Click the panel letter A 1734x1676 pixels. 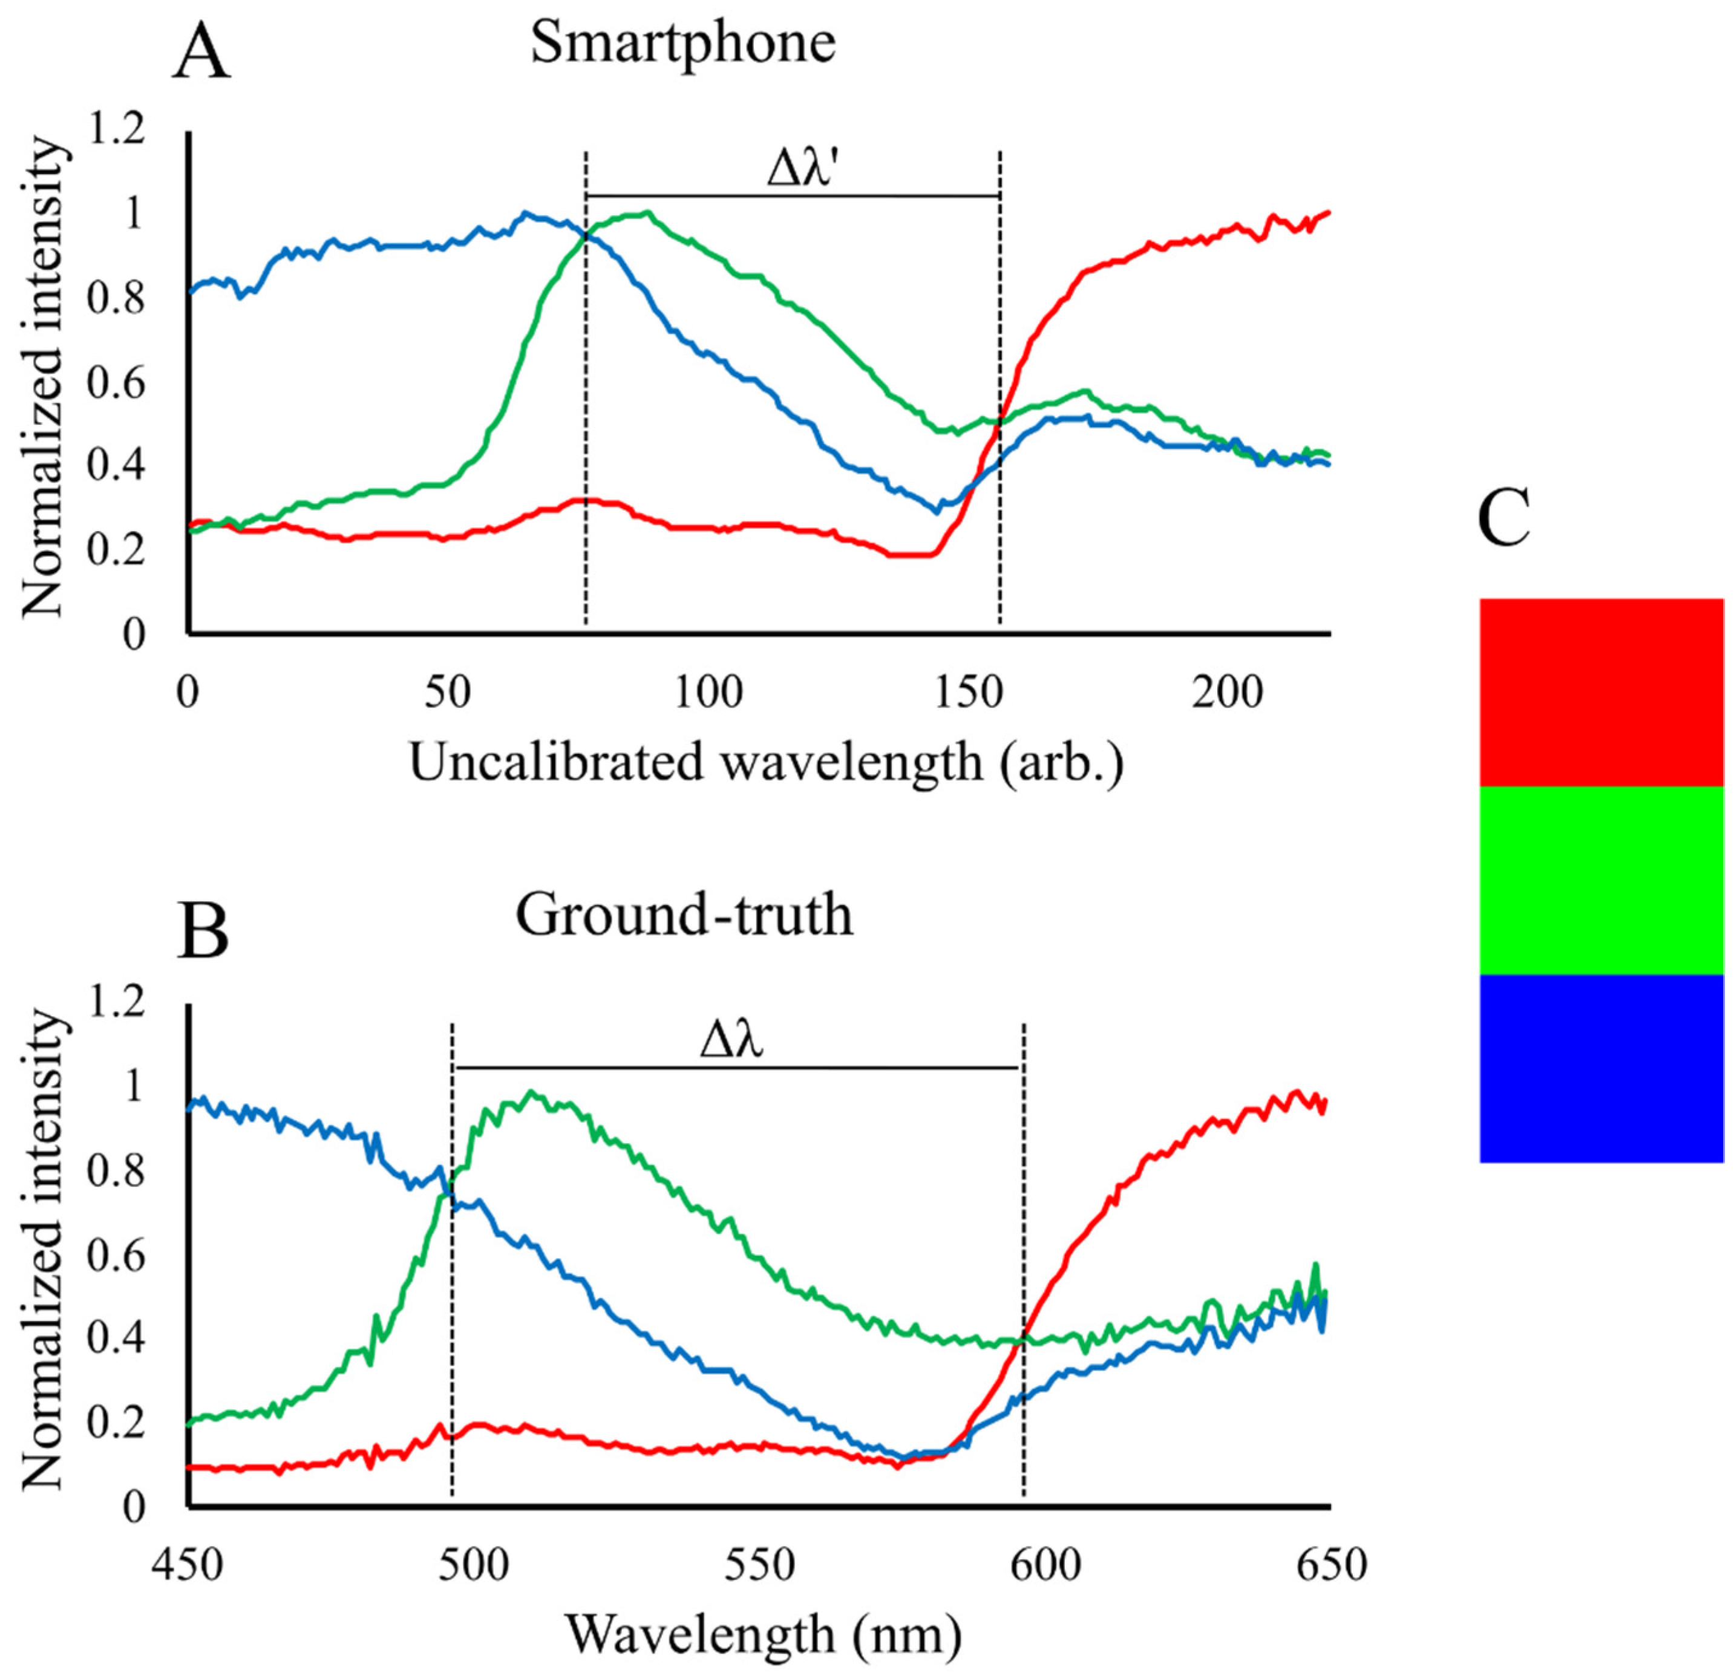201,54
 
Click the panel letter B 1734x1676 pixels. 203,934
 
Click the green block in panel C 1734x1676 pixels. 1601,880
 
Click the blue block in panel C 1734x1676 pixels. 1601,1068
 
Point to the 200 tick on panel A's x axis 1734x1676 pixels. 1227,693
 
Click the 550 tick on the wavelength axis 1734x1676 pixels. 759,1565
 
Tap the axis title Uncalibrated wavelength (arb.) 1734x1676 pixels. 766,761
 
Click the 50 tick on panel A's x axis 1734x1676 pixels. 447,693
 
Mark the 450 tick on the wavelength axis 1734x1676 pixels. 188,1565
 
